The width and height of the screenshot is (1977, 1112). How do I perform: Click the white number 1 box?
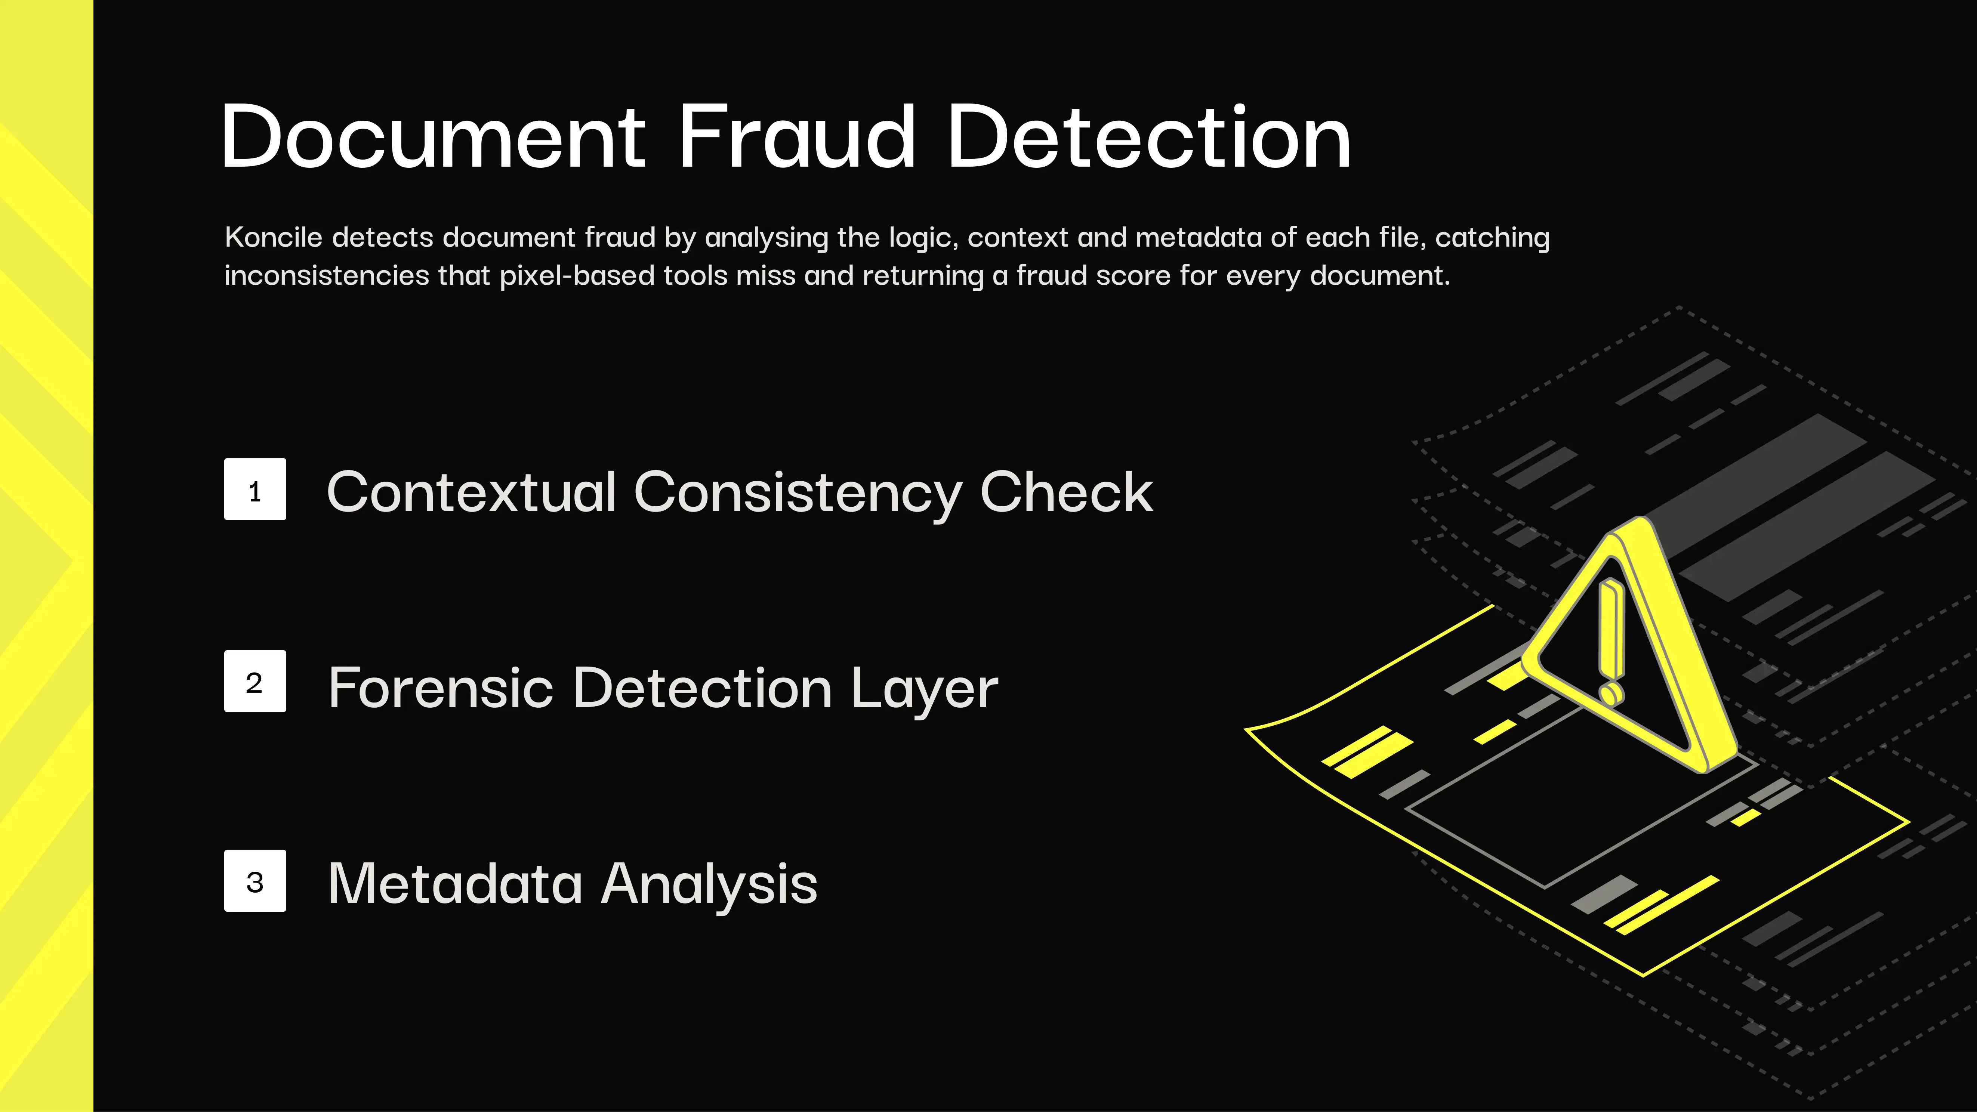(x=255, y=489)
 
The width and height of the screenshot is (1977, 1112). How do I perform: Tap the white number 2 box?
(x=255, y=682)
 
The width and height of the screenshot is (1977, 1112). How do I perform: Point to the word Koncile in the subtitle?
(x=273, y=237)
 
